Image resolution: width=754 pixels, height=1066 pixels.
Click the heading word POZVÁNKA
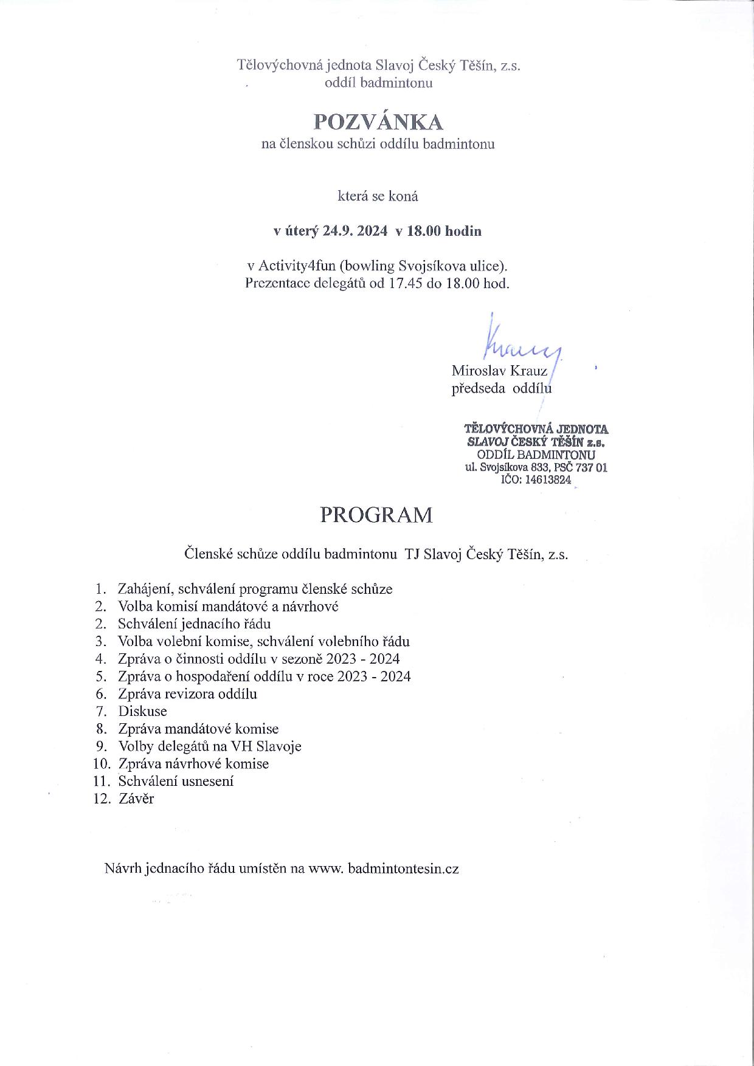point(378,122)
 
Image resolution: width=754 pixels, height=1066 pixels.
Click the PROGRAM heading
point(376,515)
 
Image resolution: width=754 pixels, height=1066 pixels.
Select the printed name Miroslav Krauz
point(499,371)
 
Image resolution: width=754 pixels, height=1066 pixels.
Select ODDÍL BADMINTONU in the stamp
point(536,455)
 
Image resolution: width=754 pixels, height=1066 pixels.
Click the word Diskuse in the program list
point(142,711)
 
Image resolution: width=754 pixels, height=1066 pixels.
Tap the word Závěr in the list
point(136,799)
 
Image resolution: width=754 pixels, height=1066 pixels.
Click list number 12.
point(101,799)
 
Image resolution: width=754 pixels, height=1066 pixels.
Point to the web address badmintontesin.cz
point(403,868)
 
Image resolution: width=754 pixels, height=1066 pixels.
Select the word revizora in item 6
point(188,693)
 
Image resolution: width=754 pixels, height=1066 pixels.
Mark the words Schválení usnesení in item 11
point(176,781)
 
